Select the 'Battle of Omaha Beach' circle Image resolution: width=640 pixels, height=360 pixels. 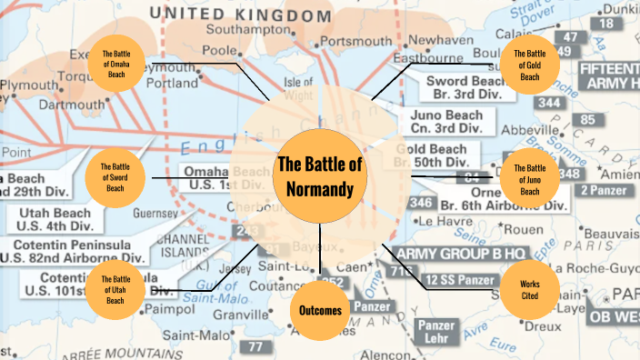point(116,63)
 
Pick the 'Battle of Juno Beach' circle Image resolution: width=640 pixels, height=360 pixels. point(529,175)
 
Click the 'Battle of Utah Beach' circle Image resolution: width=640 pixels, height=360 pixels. point(116,289)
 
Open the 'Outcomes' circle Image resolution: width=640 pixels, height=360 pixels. point(320,311)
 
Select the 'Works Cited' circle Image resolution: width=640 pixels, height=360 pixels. point(529,289)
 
